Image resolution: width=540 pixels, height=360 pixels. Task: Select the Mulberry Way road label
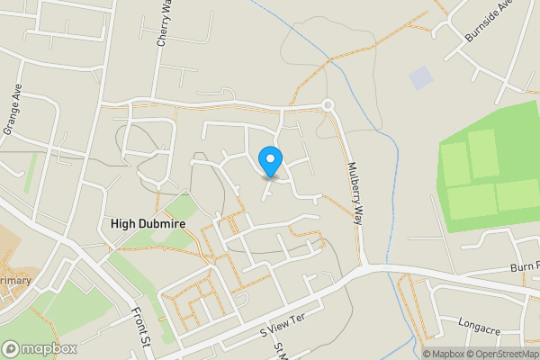click(x=355, y=194)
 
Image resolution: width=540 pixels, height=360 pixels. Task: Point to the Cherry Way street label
click(x=163, y=25)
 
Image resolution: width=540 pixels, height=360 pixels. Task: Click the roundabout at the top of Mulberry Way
click(x=328, y=105)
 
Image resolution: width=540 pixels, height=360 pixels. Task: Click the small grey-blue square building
click(x=420, y=78)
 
